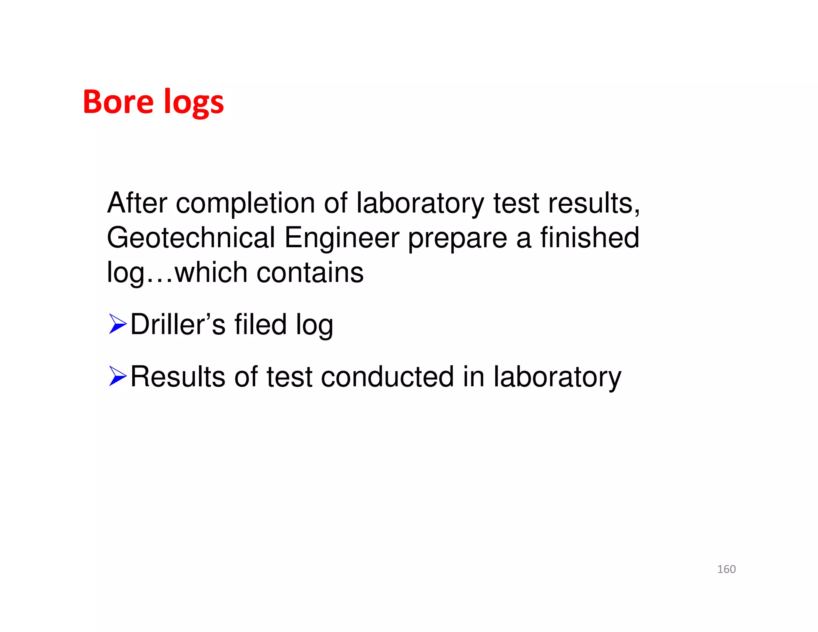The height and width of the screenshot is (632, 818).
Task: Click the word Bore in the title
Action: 118,102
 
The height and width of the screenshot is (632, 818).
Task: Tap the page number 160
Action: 726,569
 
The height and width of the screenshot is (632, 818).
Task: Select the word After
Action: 137,203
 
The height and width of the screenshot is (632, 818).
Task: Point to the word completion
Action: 245,204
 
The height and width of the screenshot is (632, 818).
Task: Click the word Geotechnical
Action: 191,238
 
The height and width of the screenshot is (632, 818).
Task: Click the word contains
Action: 310,273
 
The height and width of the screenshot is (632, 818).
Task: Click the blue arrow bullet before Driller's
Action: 117,324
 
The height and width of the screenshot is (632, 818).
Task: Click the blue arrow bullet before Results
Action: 117,376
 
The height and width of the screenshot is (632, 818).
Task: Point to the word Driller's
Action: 178,324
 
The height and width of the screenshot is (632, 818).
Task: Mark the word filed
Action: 260,324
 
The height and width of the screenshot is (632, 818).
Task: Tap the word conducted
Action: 387,377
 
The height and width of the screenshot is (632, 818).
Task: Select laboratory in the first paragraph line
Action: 420,204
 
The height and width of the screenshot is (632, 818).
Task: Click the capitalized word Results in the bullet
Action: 178,377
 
